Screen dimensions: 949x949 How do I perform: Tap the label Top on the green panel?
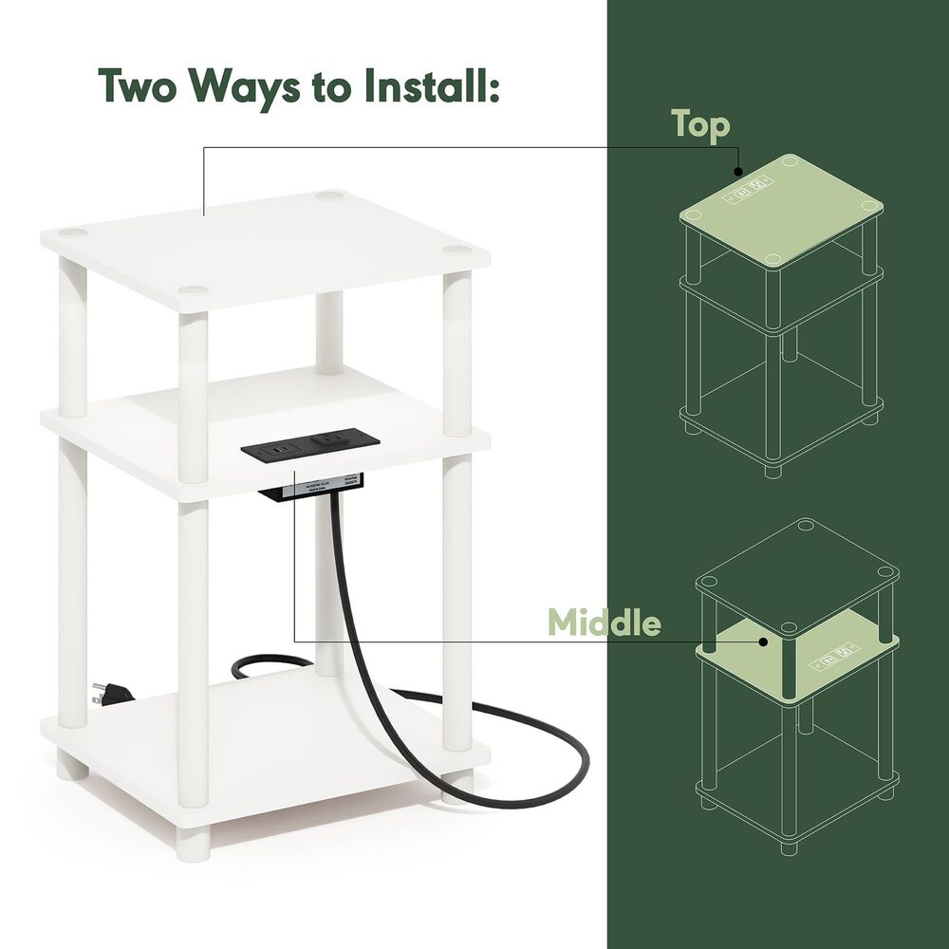700,125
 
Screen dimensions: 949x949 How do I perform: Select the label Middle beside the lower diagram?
605,623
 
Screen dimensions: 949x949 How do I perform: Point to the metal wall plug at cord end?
100,695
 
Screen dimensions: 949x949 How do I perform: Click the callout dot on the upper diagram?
738,172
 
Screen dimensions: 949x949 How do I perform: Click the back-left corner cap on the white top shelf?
74,233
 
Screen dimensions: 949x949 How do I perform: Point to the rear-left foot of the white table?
73,767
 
